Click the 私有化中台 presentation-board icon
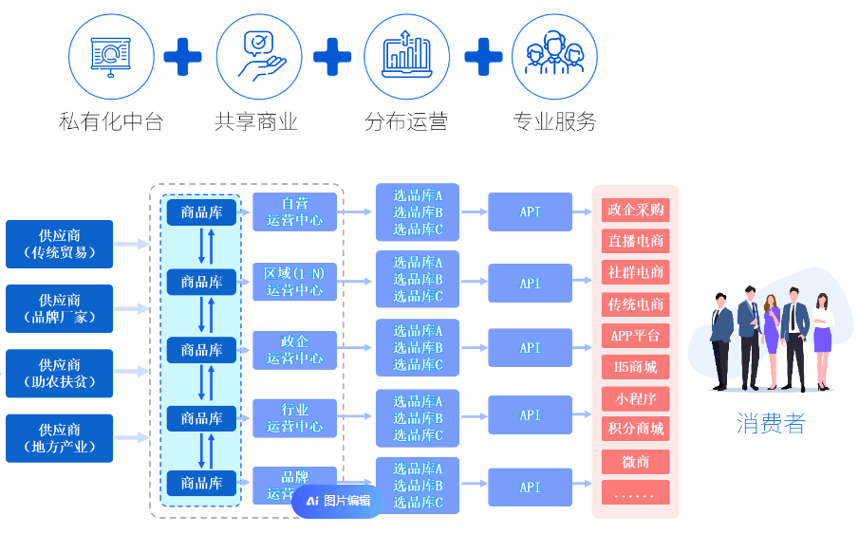(x=110, y=56)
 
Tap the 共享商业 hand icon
(x=259, y=56)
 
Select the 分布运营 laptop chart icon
(x=406, y=56)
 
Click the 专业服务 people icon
(x=554, y=56)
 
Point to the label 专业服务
(x=554, y=122)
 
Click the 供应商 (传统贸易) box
(x=59, y=245)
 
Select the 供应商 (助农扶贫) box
(x=59, y=374)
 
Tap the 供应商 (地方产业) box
(x=59, y=438)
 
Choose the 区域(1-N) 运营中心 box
(x=294, y=282)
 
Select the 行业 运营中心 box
(x=294, y=417)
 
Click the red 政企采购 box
(x=635, y=210)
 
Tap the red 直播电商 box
(x=635, y=241)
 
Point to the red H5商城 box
(x=635, y=366)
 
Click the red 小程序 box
(x=635, y=397)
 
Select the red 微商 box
(x=635, y=461)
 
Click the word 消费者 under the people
(x=770, y=424)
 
